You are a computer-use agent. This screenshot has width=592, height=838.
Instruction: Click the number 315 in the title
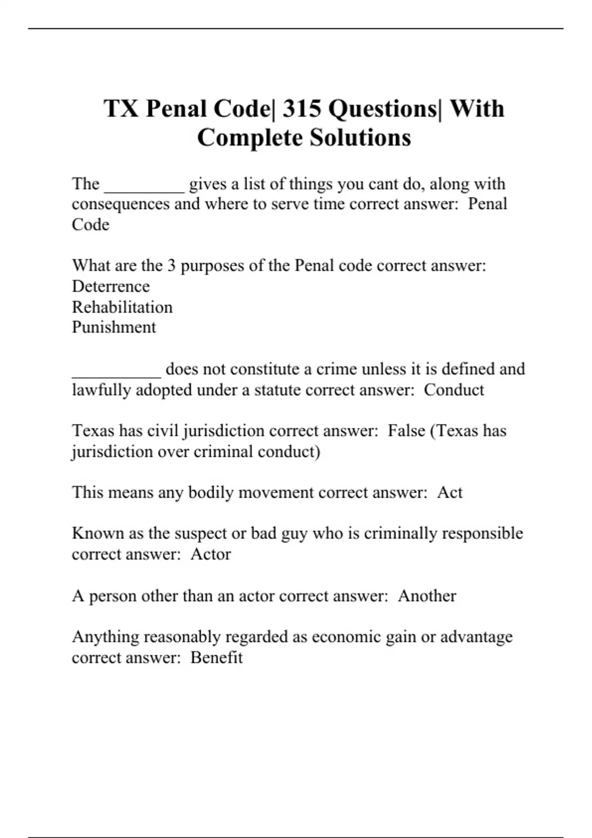point(301,109)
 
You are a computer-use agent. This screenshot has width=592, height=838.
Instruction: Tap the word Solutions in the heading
point(360,138)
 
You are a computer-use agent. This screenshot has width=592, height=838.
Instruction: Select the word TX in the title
point(121,109)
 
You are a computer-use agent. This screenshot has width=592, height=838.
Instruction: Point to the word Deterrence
point(111,286)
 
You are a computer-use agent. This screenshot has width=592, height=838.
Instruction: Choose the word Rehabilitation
point(122,307)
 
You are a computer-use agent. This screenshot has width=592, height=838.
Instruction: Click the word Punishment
point(113,327)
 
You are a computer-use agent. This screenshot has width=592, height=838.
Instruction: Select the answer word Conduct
point(453,390)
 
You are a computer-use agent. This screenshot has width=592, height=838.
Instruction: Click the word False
point(406,431)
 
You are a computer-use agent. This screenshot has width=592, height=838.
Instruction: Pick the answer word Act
point(449,492)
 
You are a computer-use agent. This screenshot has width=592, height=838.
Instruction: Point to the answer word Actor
point(210,554)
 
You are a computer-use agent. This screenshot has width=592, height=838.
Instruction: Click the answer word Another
point(427,596)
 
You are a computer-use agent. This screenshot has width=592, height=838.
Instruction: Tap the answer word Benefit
point(216,658)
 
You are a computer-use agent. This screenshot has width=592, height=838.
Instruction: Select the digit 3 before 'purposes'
point(171,266)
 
